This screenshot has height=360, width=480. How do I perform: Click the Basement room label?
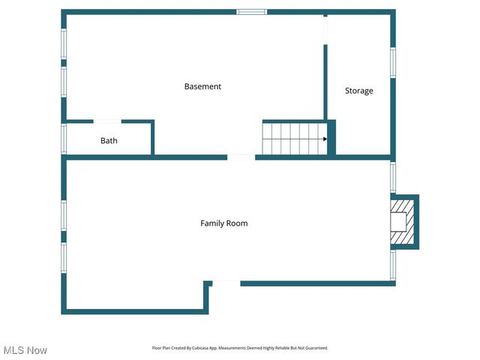202,86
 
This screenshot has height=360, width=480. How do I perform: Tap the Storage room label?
358,91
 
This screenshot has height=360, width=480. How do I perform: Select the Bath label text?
109,140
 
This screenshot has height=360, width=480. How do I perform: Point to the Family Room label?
223,223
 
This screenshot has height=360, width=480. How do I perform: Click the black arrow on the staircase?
325,139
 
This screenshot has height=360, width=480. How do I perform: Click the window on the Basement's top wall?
252,11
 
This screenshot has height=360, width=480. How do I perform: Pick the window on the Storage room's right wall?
392,63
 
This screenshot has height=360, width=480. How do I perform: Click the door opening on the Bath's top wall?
107,121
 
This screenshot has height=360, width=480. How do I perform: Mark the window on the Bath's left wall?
64,139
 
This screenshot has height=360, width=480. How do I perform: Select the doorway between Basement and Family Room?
241,157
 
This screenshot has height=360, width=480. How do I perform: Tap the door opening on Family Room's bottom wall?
226,283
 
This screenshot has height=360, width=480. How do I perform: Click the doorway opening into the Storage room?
325,30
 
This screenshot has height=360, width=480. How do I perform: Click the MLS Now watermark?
25,350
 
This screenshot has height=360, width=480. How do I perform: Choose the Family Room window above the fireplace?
392,178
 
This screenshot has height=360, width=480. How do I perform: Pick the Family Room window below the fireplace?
392,265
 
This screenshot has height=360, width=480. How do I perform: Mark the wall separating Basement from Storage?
325,82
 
